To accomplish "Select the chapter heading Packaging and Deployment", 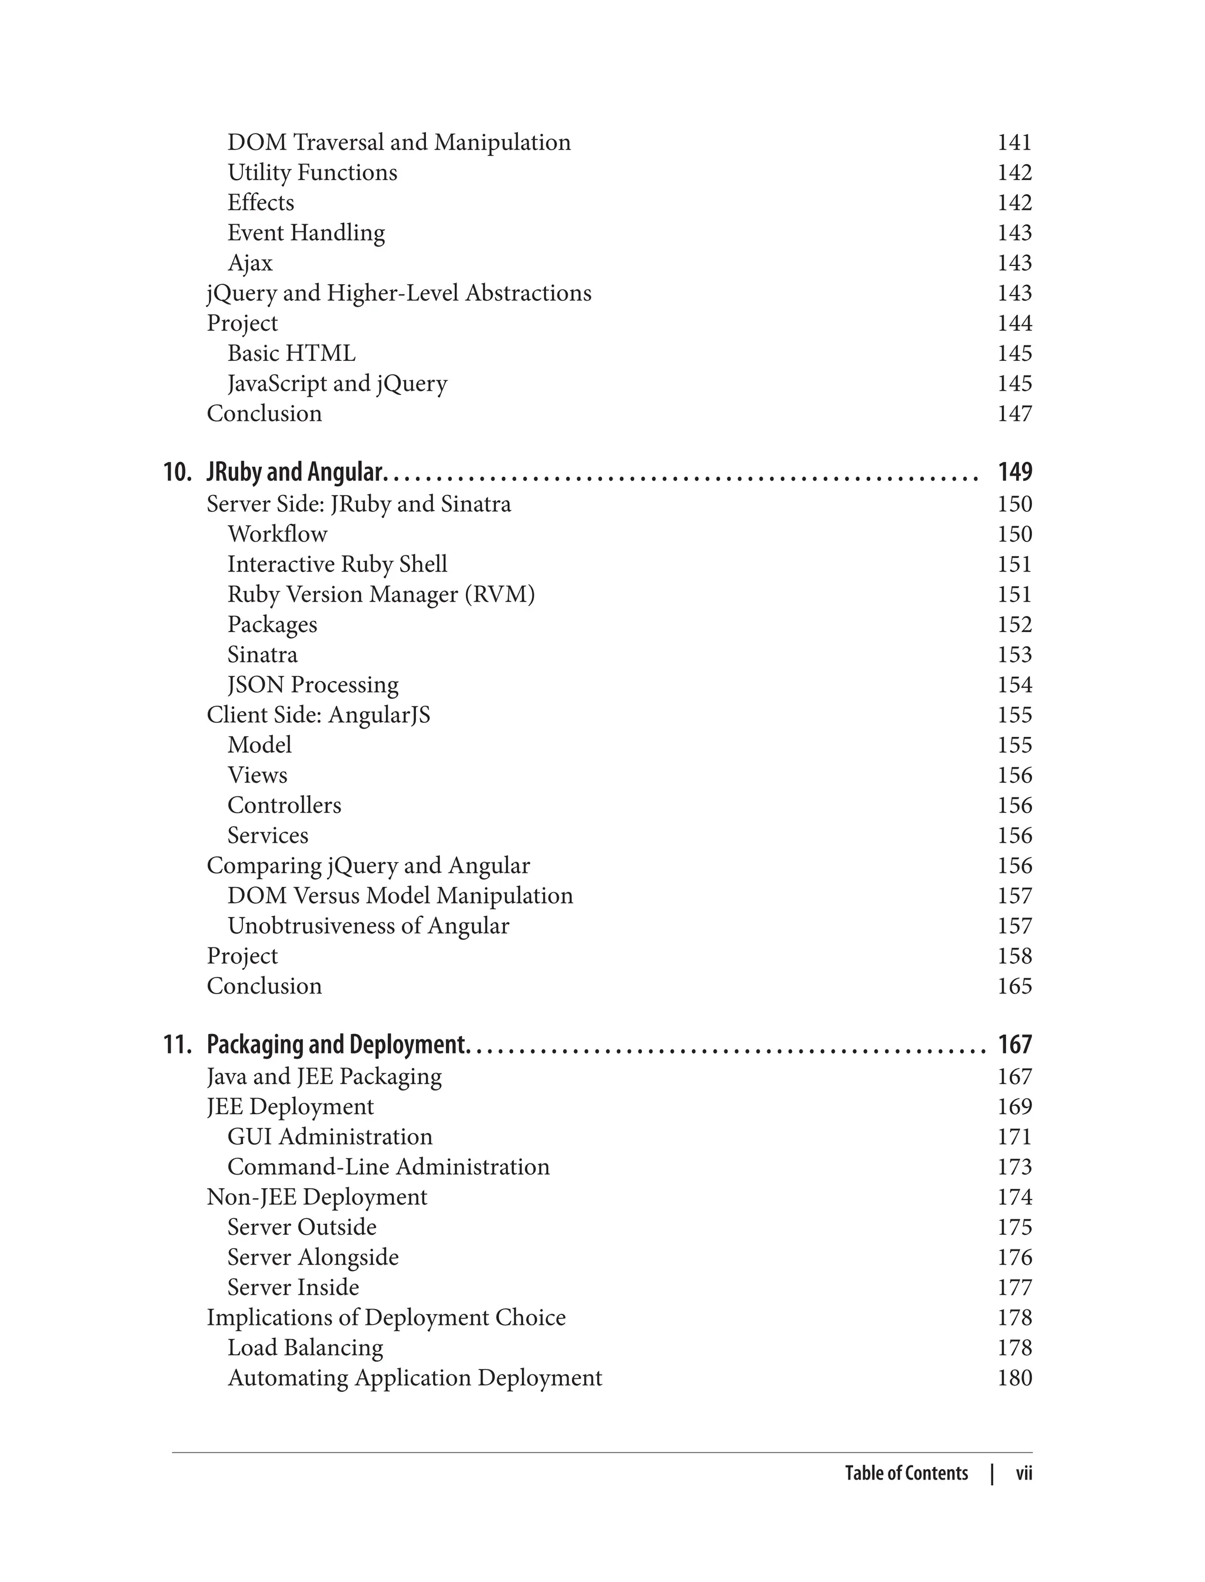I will point(337,1045).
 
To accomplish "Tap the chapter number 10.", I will point(177,472).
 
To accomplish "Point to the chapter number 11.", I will point(177,1045).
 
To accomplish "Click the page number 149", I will point(1014,472).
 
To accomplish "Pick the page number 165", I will point(1014,986).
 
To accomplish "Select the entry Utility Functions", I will point(312,172).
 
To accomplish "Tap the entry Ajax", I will point(249,262).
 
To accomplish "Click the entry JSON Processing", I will point(313,684).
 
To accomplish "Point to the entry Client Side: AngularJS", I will point(318,714).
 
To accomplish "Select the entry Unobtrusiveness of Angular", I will point(368,926).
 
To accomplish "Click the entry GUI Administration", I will point(330,1136).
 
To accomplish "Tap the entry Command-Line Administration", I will point(388,1166).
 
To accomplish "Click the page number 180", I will point(1014,1378).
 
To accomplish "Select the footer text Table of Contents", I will point(906,1474).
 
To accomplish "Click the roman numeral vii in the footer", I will point(1024,1474).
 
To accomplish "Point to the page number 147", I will point(1014,413).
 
